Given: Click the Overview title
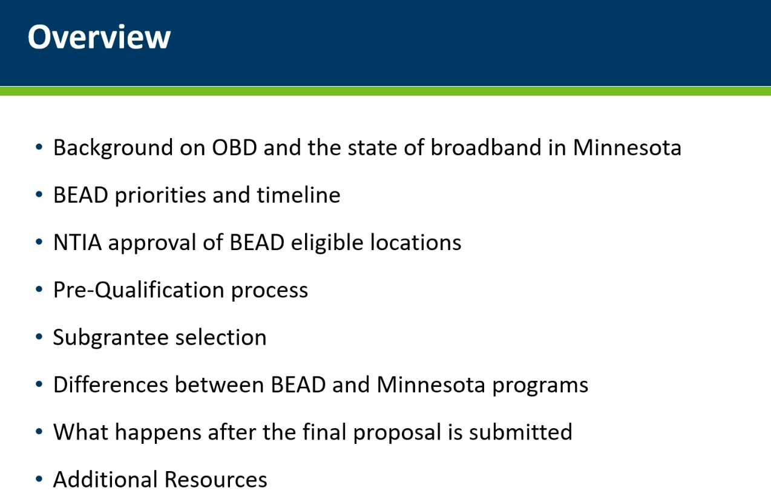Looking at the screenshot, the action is (x=99, y=36).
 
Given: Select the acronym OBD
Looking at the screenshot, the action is (x=234, y=148).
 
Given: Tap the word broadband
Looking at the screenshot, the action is (x=486, y=147).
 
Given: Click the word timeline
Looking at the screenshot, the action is (x=299, y=195).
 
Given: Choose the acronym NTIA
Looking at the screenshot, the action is (x=77, y=242).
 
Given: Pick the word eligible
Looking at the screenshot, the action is (x=327, y=243).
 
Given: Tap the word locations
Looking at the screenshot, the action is (x=416, y=242).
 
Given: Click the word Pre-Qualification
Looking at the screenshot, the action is (x=139, y=290).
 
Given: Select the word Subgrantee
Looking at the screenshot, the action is (x=111, y=338).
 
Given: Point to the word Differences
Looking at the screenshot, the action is (x=111, y=385).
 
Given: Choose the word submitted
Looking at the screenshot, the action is (x=521, y=432).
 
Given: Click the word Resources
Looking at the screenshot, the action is (x=216, y=480).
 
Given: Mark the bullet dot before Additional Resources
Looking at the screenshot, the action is (x=39, y=479).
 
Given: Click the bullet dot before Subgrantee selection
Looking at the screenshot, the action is (x=39, y=337).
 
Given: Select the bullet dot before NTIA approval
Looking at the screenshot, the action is (x=39, y=242).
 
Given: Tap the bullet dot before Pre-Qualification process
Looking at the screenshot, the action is (x=39, y=289).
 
